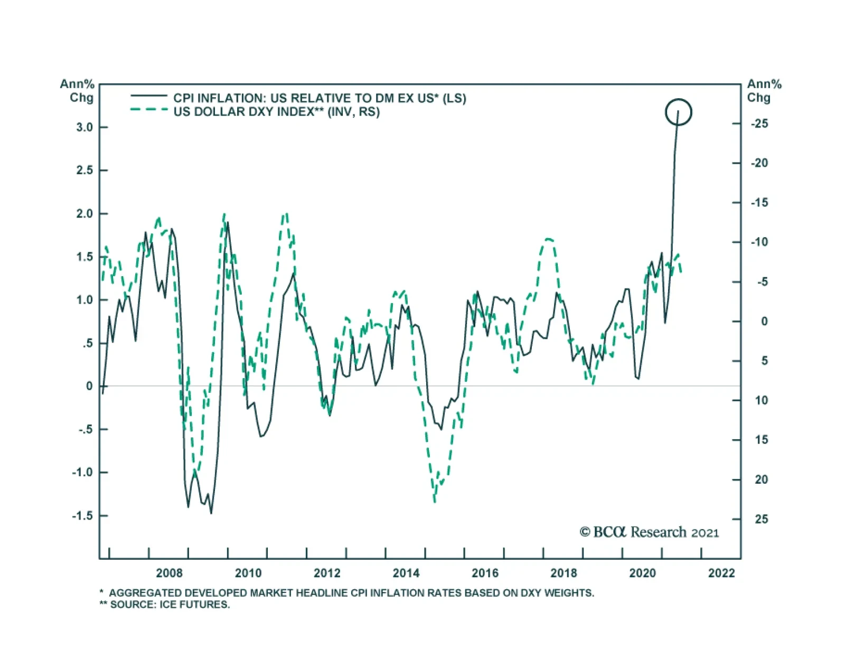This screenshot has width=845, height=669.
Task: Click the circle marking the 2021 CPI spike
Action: pos(678,112)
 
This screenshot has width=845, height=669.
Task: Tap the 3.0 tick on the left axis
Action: pos(84,127)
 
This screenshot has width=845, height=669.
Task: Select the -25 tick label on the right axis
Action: pos(759,124)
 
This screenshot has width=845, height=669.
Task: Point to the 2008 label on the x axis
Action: pos(169,573)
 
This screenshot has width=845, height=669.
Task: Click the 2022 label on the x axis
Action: pos(721,573)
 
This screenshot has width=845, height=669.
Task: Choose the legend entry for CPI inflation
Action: pos(320,98)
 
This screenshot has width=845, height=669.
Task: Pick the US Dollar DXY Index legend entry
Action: pos(276,112)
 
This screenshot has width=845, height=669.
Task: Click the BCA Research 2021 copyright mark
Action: pos(649,532)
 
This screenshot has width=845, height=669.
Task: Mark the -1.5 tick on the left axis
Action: pos(82,516)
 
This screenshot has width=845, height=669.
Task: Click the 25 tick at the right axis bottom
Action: pos(761,519)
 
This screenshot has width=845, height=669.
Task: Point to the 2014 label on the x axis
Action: pos(406,573)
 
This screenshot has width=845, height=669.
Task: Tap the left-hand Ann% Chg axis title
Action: pos(77,91)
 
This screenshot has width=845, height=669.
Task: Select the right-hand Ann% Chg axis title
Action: pos(764,91)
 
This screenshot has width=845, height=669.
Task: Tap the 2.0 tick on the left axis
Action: pos(84,214)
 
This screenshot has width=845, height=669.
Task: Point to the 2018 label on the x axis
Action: pos(564,573)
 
